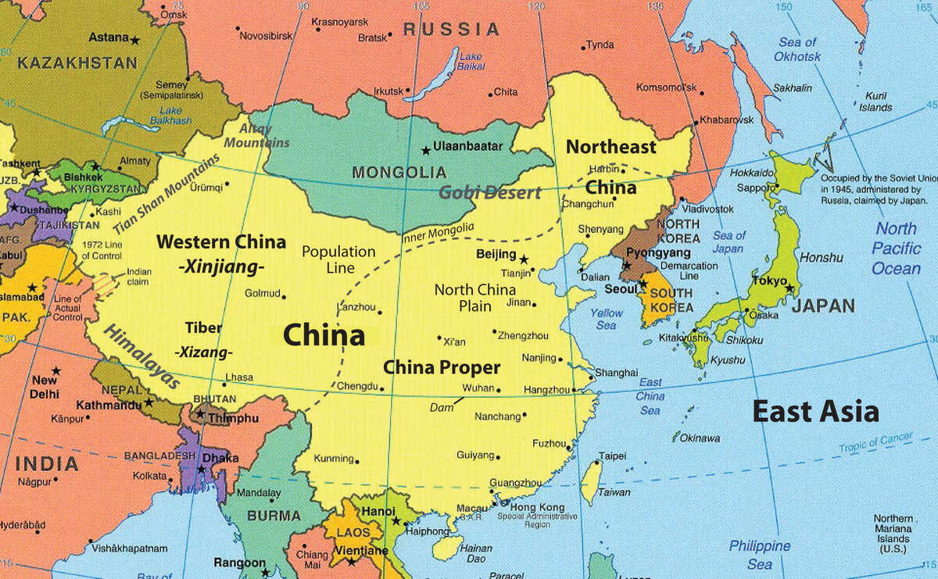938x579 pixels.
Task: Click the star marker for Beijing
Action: tap(524, 259)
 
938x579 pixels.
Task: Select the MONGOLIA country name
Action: tap(399, 172)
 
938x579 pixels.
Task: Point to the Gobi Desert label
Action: tap(489, 192)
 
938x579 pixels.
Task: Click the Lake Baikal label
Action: tap(471, 62)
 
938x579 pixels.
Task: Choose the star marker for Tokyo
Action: tap(789, 288)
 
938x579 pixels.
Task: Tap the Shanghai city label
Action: tap(616, 373)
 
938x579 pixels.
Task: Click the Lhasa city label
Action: tap(238, 377)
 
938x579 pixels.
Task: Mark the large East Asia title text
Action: tap(815, 411)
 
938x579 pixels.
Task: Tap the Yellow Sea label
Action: tap(607, 319)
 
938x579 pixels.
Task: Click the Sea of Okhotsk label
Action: tap(797, 49)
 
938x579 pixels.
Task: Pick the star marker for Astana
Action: tap(135, 40)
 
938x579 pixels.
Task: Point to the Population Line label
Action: tap(338, 259)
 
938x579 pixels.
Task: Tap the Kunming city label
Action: tap(334, 458)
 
